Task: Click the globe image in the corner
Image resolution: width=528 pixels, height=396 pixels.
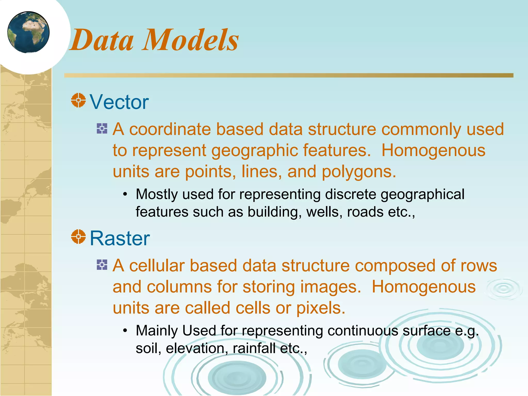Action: point(28,32)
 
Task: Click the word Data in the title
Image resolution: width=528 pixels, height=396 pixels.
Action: point(102,40)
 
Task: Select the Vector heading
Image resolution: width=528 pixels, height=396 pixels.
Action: point(119,102)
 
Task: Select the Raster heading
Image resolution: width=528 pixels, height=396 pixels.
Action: point(120,238)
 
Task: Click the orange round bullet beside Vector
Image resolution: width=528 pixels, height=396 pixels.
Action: point(78,100)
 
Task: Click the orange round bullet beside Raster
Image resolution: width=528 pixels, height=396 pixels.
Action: point(78,236)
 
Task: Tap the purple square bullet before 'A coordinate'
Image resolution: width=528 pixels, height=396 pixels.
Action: point(102,128)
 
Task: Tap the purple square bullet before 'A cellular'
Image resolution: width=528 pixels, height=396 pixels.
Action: point(102,265)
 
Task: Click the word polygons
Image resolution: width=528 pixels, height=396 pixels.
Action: point(358,172)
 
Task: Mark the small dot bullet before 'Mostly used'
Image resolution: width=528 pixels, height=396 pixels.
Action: point(125,194)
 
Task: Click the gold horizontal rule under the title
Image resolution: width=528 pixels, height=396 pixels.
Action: point(289,75)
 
